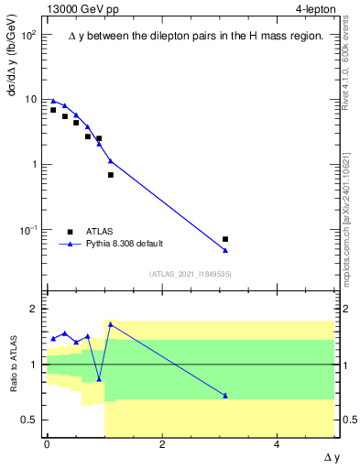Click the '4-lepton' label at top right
click(x=314, y=10)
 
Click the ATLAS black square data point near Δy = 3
click(x=225, y=239)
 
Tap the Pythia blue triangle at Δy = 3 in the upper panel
click(x=225, y=250)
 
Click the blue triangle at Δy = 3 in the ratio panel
click(x=225, y=396)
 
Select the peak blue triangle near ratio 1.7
click(x=111, y=324)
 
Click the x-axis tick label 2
click(x=162, y=444)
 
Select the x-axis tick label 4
click(x=278, y=444)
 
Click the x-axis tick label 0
click(x=47, y=444)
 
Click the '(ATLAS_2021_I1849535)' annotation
click(x=190, y=273)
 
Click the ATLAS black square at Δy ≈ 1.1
click(x=111, y=174)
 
